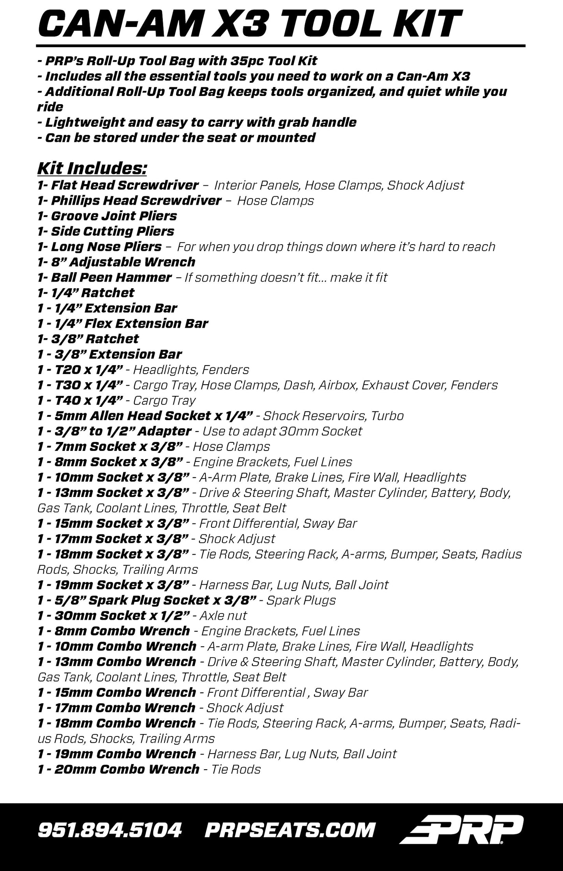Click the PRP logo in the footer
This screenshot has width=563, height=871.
[x=461, y=829]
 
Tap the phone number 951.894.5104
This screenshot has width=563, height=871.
[x=110, y=830]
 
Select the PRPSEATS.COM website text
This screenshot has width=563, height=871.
[x=290, y=830]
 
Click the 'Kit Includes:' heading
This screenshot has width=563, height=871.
[x=92, y=169]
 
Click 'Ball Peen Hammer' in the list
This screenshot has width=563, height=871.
[x=111, y=277]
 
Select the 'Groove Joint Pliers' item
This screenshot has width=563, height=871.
[x=113, y=216]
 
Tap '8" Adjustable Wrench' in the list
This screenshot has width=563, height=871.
[x=123, y=262]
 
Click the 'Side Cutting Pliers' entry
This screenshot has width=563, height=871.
[x=112, y=231]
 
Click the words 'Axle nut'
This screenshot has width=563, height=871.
[x=223, y=616]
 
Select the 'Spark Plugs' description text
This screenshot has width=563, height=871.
[x=300, y=600]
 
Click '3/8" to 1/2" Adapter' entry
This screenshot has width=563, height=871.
[x=121, y=431]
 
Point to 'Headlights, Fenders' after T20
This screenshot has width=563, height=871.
[x=191, y=369]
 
